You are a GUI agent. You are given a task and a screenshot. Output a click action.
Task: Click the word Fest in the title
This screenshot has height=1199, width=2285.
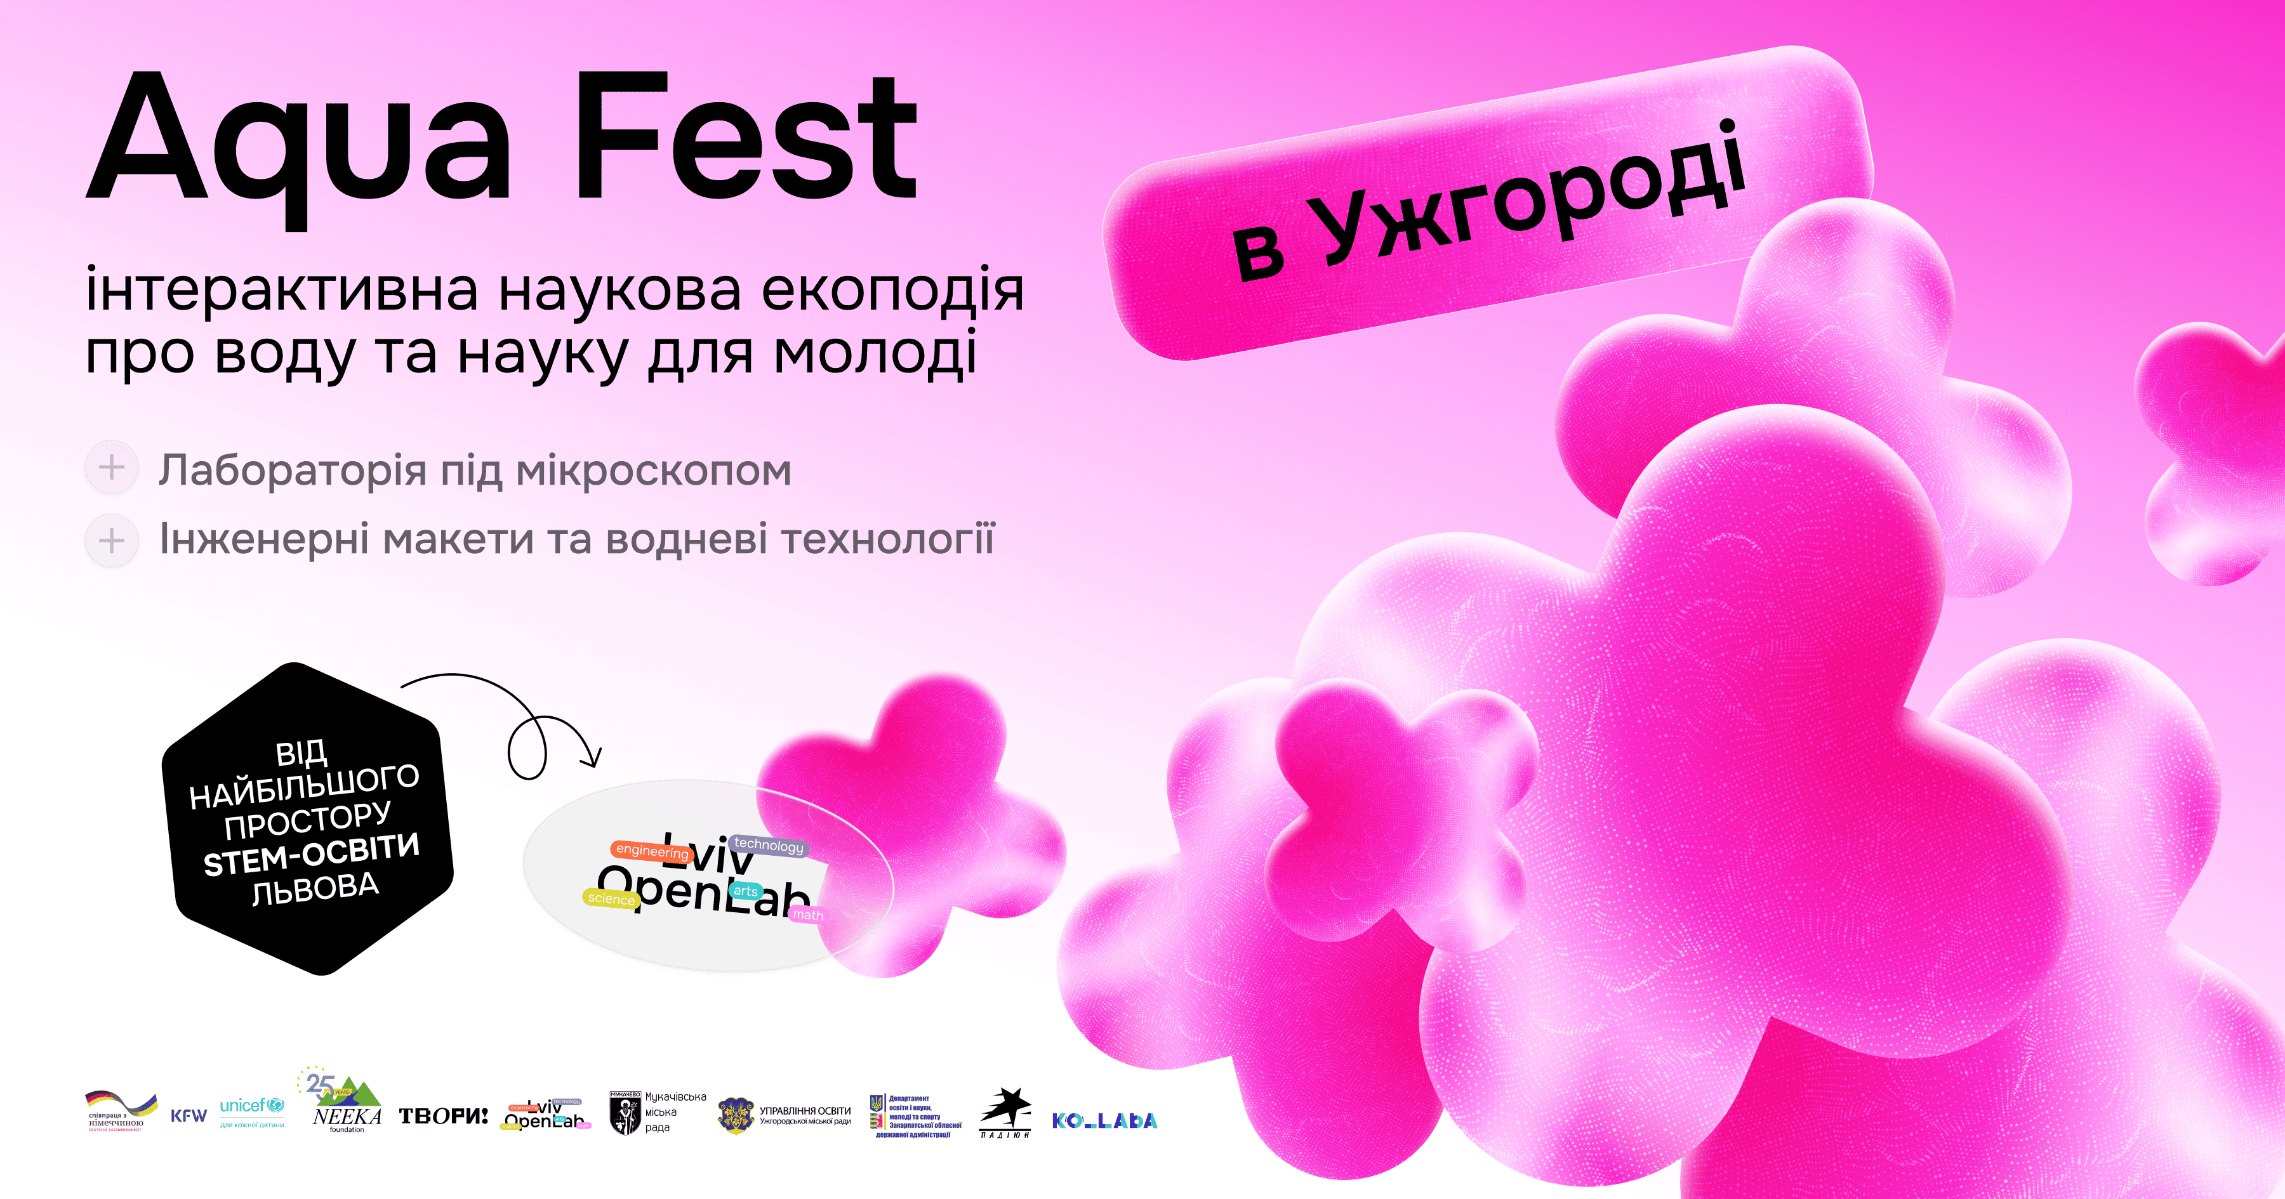pyautogui.click(x=745, y=138)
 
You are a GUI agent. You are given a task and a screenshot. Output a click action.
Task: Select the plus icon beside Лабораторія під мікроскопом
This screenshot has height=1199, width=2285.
pyautogui.click(x=112, y=468)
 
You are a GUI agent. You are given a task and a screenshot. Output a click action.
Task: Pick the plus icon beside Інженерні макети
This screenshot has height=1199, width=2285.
pyautogui.click(x=112, y=540)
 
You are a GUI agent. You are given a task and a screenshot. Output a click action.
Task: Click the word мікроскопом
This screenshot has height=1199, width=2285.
pyautogui.click(x=653, y=471)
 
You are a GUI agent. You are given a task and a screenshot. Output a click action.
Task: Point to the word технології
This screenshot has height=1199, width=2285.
pyautogui.click(x=888, y=539)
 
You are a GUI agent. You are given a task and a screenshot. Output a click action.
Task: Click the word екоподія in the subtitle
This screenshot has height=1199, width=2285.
pyautogui.click(x=892, y=290)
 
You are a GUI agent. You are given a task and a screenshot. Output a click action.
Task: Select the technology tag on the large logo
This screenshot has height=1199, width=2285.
pyautogui.click(x=768, y=845)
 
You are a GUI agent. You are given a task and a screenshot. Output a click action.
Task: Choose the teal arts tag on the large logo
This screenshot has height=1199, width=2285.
pyautogui.click(x=745, y=891)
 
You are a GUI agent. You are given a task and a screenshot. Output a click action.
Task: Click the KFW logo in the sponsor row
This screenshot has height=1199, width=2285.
pyautogui.click(x=188, y=1116)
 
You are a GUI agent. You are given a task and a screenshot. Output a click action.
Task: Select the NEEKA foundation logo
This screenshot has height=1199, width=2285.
pyautogui.click(x=345, y=1103)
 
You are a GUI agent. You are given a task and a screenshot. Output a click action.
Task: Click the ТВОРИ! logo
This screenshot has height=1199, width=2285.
pyautogui.click(x=442, y=1116)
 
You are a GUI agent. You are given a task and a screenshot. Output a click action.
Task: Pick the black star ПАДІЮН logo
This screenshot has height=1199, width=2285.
pyautogui.click(x=1005, y=1112)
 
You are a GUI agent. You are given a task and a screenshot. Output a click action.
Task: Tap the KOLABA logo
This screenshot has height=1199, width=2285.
pyautogui.click(x=1104, y=1121)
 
